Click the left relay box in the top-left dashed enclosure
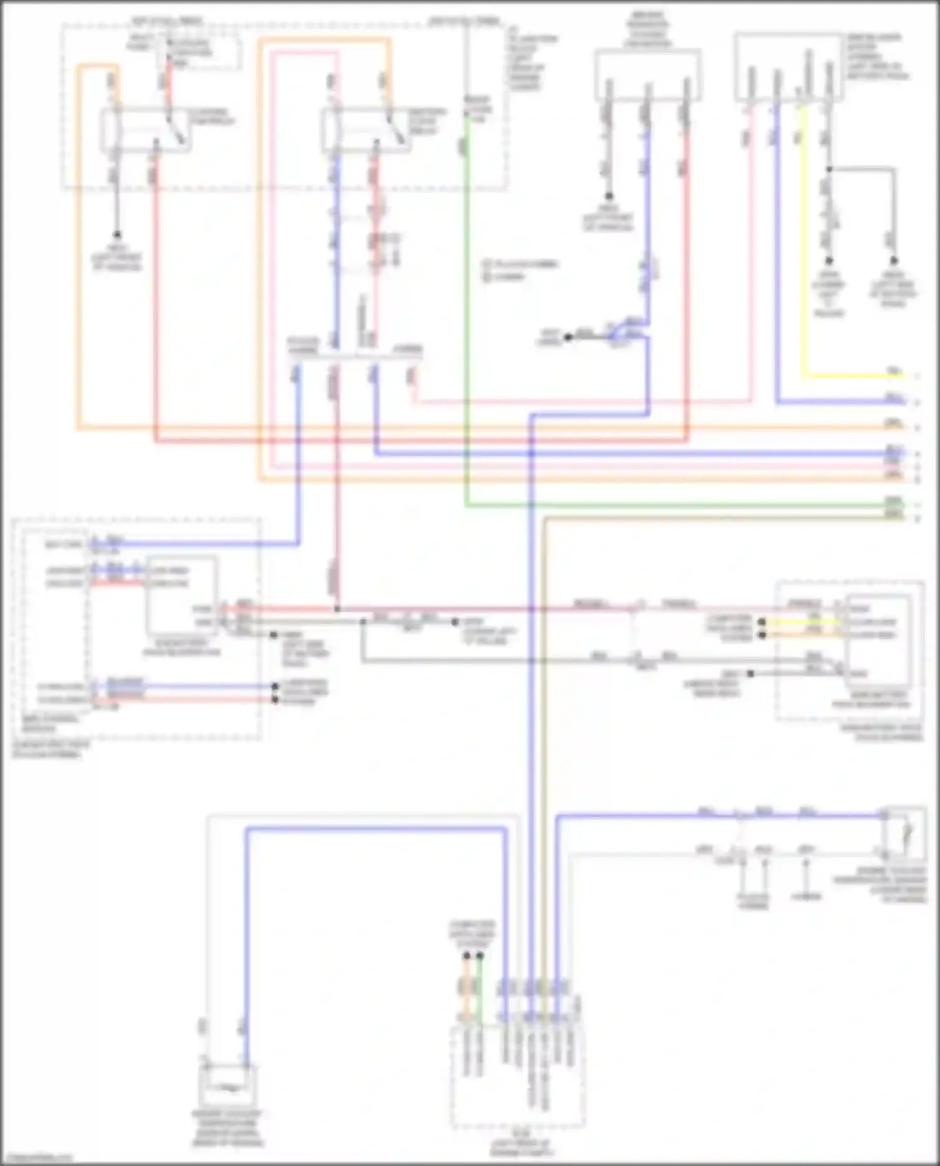pos(145,130)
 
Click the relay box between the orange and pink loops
pos(367,130)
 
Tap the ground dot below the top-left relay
pos(117,234)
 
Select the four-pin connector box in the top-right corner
pos(788,68)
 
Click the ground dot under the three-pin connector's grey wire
pos(608,196)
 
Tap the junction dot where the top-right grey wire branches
pos(829,169)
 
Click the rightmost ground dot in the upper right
pos(894,261)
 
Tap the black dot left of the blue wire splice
pos(568,337)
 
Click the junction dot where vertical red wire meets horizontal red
pos(337,609)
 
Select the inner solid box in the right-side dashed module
pos(877,639)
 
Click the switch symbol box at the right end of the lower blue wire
pos(904,833)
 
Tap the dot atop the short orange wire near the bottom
pos(466,956)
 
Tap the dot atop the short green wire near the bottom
pos(480,956)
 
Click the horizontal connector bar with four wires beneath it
pos(355,355)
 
